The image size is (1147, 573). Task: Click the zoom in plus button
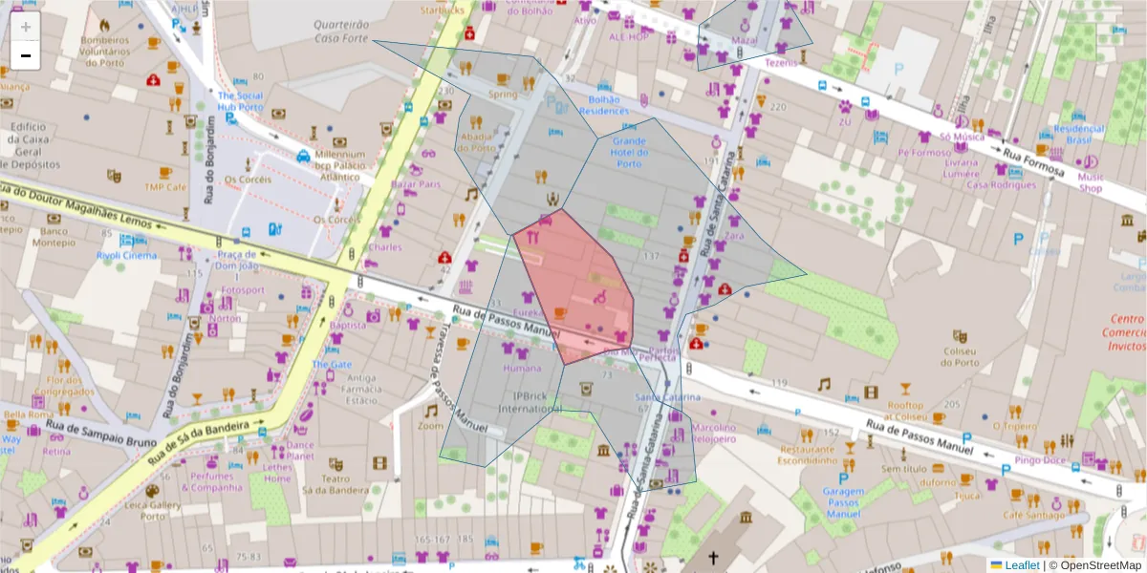[26, 27]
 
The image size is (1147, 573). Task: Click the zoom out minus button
[26, 55]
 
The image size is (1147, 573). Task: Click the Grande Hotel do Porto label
[629, 152]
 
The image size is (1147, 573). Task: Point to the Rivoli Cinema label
[126, 255]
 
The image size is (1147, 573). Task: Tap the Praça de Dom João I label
[236, 260]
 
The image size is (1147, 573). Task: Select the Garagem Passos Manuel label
[843, 503]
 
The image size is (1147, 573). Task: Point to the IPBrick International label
[536, 401]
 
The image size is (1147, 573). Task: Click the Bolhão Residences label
[604, 104]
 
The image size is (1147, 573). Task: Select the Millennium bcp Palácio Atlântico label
[339, 164]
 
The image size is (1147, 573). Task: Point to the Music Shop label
[1091, 181]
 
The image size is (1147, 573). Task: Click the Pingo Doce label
[1043, 460]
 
